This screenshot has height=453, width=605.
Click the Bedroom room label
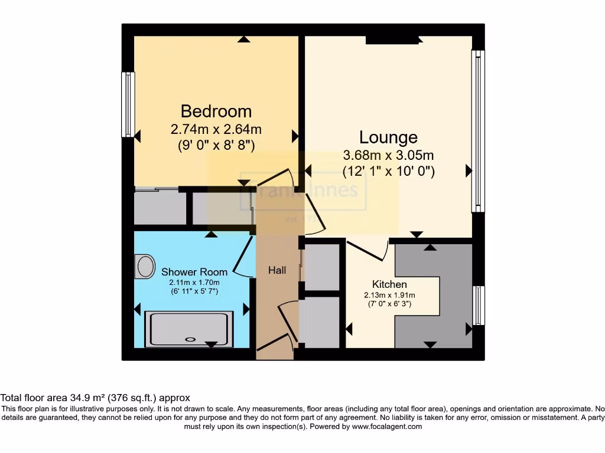point(216,111)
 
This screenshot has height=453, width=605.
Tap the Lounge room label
point(388,137)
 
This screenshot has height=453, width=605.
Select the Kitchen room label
point(389,284)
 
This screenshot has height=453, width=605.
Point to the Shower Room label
point(194,272)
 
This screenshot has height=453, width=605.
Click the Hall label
point(277,270)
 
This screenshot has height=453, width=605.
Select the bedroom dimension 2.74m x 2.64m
point(216,129)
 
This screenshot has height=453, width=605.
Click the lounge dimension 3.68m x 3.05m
point(388,156)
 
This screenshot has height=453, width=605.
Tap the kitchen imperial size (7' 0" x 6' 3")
point(389,304)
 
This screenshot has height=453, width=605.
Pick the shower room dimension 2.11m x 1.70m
point(194,282)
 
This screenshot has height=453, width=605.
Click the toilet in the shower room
point(144,266)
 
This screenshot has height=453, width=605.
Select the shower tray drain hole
point(190,339)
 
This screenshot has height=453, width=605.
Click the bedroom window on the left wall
point(128,104)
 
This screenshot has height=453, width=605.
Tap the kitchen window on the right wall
point(479,306)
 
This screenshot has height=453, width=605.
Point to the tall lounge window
point(478,131)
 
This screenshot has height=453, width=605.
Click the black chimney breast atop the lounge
point(392,40)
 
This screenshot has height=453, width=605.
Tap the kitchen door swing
point(371,251)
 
